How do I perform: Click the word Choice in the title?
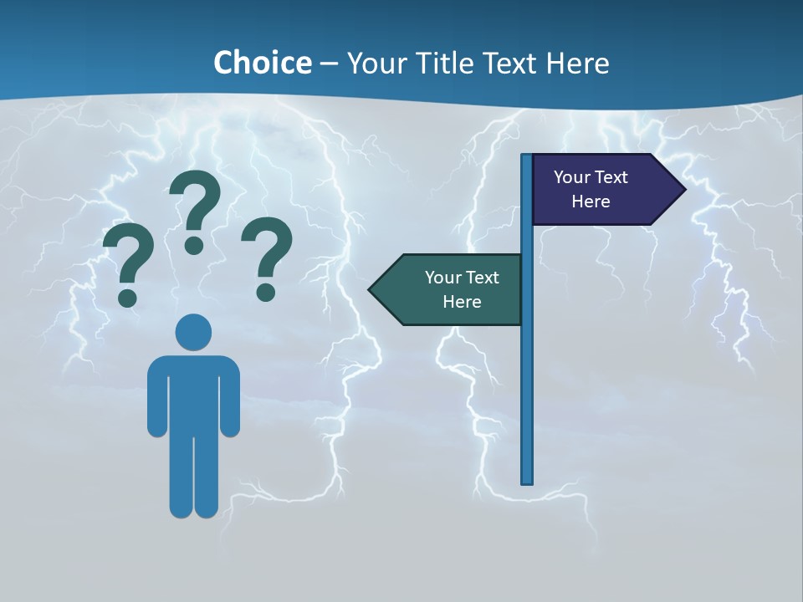262,63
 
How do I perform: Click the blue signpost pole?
527,376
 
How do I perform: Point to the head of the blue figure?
193,332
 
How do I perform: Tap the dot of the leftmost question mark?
128,297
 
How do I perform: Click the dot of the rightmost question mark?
266,291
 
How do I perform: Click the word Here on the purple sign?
591,202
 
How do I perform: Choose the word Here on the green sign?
462,302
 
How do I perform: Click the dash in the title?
329,64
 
